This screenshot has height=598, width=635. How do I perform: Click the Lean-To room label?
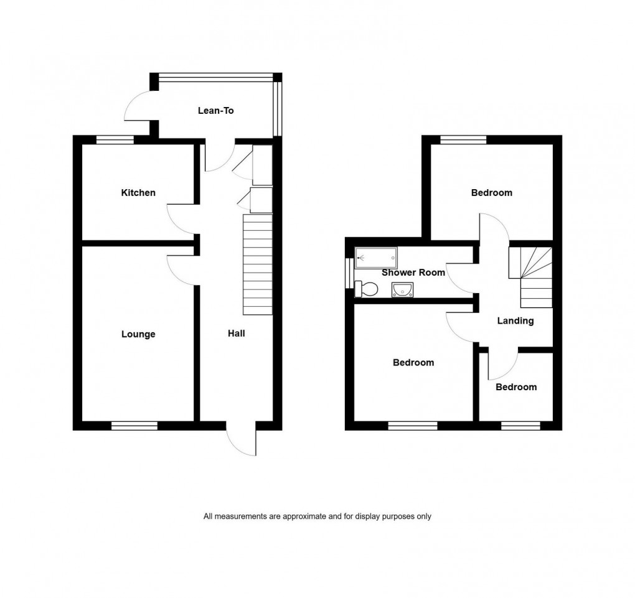(x=215, y=111)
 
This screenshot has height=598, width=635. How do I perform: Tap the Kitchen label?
(x=138, y=193)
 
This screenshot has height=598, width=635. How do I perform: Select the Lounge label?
(x=138, y=334)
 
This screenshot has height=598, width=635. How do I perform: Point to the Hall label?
(x=236, y=334)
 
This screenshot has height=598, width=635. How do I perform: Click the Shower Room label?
(x=413, y=273)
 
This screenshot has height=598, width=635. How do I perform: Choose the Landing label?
(x=515, y=321)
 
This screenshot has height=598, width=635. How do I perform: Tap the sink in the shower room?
(x=402, y=289)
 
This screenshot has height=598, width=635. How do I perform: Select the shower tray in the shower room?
(x=375, y=257)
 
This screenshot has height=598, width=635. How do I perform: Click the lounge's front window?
(x=134, y=426)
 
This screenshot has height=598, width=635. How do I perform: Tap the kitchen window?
(x=115, y=140)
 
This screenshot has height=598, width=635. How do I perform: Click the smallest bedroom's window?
(x=520, y=426)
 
